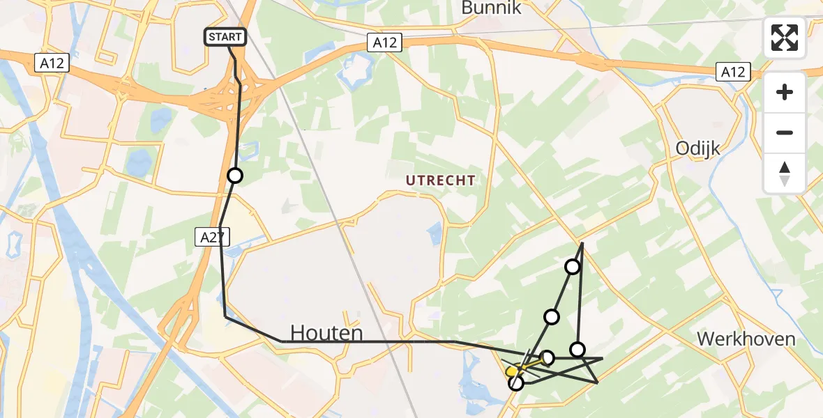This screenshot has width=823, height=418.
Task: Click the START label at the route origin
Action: [225, 37]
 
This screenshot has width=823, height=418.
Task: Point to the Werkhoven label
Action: [746, 339]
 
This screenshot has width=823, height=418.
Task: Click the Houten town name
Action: [326, 334]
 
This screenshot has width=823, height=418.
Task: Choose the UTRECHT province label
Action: [441, 180]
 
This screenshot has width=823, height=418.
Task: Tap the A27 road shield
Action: [211, 237]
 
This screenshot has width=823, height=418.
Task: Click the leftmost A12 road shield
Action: [52, 63]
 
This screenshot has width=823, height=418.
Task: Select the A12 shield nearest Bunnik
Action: [384, 42]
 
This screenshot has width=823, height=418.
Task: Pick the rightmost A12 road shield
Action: [733, 71]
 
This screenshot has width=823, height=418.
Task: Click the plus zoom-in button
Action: [785, 92]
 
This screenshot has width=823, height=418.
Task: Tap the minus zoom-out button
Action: [785, 132]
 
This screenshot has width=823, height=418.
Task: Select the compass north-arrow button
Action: [785, 173]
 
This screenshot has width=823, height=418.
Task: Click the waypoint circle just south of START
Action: [235, 176]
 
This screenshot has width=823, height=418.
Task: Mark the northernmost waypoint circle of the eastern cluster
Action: [573, 267]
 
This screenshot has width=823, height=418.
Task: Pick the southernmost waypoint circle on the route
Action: [516, 382]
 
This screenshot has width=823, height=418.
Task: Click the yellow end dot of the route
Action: [512, 371]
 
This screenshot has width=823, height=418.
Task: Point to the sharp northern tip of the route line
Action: [582, 242]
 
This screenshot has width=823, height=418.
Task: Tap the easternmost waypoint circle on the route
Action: [577, 349]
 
